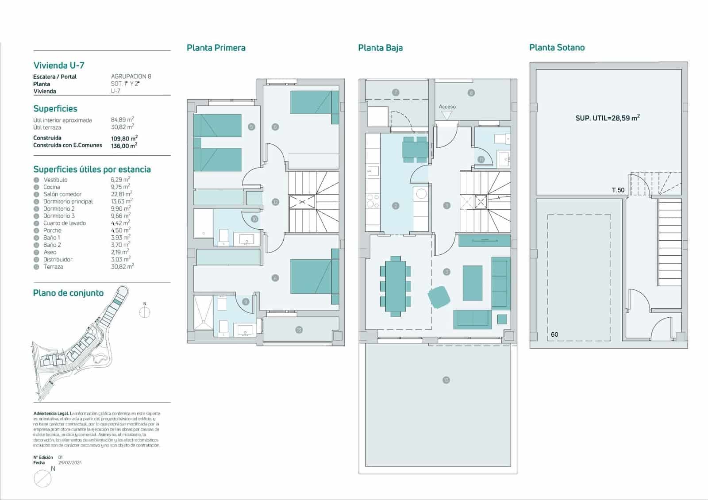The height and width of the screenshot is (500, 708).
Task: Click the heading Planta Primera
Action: [x=216, y=48]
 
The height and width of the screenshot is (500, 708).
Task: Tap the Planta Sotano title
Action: [x=557, y=47]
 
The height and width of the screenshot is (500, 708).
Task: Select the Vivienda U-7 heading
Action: [x=59, y=65]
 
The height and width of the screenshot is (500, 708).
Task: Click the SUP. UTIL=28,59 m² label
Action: [x=608, y=118]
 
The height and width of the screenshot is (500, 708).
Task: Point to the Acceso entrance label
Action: [x=447, y=107]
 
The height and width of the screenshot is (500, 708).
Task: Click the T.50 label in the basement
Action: [x=618, y=190]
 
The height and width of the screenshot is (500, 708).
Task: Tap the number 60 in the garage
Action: [x=554, y=335]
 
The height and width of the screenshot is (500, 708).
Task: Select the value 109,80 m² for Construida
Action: [x=124, y=138]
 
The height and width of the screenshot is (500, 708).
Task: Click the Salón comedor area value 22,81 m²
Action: [x=121, y=194]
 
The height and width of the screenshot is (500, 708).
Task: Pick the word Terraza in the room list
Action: [x=53, y=267]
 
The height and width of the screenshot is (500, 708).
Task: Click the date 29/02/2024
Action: [x=70, y=463]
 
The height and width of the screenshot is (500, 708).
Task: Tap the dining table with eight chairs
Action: [x=395, y=286]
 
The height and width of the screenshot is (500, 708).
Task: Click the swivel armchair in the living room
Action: [x=439, y=297]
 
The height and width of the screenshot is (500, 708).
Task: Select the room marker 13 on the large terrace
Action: [x=446, y=380]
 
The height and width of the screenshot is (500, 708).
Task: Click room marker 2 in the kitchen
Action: [x=396, y=206]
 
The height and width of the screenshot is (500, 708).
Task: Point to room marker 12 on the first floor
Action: [x=275, y=202]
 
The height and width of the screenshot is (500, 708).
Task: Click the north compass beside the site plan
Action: [x=145, y=312]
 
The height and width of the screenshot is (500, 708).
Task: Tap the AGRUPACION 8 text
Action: [x=131, y=77]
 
